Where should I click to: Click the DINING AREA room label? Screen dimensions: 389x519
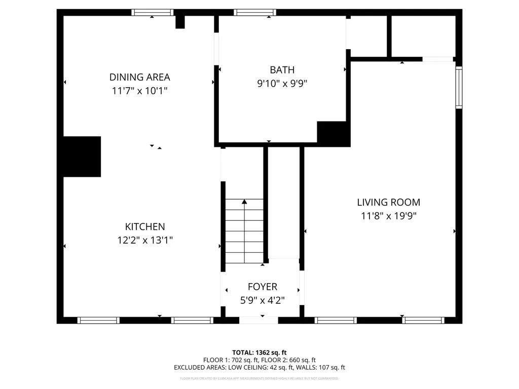139,77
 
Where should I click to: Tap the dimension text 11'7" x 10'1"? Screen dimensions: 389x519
139,91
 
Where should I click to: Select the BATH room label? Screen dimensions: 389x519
282,70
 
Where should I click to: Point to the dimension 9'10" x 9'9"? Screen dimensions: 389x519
282,84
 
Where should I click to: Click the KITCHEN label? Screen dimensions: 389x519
145,227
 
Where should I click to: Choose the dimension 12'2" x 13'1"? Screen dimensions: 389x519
145,241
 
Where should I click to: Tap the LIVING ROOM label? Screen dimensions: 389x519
388,202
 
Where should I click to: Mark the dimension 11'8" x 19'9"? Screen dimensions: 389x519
388,216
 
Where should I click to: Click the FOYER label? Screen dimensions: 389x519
262,287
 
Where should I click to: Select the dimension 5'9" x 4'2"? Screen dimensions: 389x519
262,300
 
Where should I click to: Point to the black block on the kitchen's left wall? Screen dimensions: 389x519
81,157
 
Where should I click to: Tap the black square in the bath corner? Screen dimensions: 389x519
333,133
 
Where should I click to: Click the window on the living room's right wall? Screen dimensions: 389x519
458,87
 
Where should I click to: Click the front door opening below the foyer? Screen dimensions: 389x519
258,320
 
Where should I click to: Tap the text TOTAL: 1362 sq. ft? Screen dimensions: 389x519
259,352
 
